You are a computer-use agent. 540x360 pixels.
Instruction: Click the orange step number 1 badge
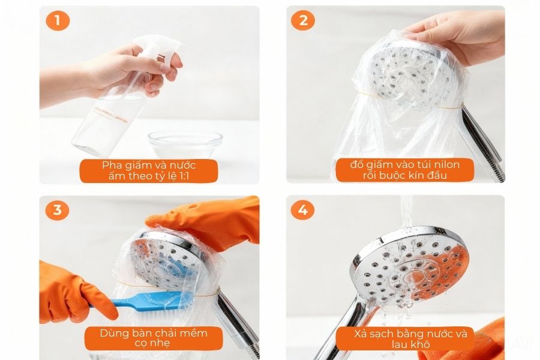click(x=58, y=21)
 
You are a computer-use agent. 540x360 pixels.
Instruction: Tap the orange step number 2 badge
click(x=303, y=21)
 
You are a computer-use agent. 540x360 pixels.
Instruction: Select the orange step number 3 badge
click(x=58, y=211)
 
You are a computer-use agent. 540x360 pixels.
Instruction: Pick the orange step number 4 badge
click(x=303, y=211)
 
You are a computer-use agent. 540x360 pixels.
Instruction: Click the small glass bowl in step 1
click(x=185, y=144)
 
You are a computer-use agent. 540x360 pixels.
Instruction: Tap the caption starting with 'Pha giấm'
click(x=149, y=170)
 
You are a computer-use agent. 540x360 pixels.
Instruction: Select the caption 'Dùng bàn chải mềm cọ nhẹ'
click(x=153, y=338)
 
